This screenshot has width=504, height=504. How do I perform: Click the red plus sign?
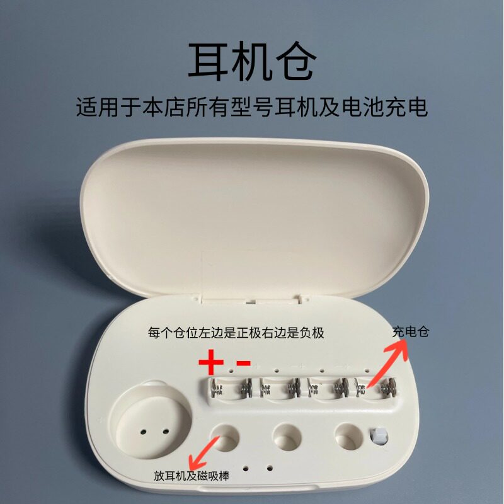[211, 363]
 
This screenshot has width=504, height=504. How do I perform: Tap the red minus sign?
[243, 364]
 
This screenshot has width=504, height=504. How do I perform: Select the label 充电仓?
[410, 332]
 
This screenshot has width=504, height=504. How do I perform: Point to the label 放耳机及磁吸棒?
[192, 476]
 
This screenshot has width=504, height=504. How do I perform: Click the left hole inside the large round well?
[143, 432]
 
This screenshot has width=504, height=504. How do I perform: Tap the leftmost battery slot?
[232, 391]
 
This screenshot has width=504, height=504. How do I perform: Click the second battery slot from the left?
[280, 391]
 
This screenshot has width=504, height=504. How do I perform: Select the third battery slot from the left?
[327, 390]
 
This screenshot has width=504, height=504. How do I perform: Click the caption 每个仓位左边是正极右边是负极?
[236, 333]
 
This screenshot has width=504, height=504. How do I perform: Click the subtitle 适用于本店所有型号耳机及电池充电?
[251, 106]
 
